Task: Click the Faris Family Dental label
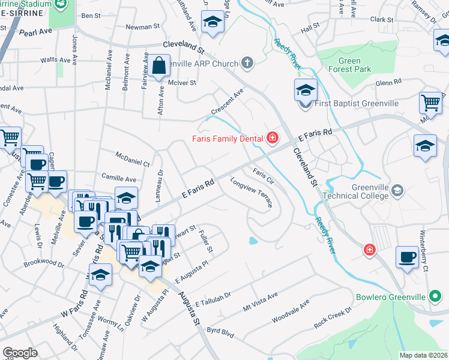[x=228, y=139]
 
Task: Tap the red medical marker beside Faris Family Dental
[x=272, y=138]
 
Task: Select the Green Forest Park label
[x=349, y=65]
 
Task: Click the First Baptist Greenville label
[x=356, y=103]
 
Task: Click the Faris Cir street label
[x=263, y=176]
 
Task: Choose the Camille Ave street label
[x=119, y=179]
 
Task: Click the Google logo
[x=20, y=353]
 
